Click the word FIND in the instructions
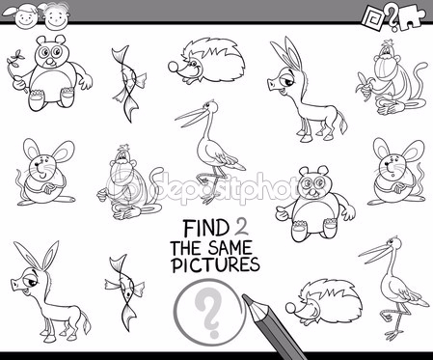tap(204, 228)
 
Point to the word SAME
tap(230, 248)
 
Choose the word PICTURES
tap(215, 264)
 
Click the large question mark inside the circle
tap(208, 312)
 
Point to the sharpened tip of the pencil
tap(245, 298)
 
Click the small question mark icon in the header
tap(392, 18)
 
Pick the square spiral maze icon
tap(373, 18)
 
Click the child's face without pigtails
tap(57, 16)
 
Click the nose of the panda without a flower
tap(311, 192)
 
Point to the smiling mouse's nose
tap(38, 164)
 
